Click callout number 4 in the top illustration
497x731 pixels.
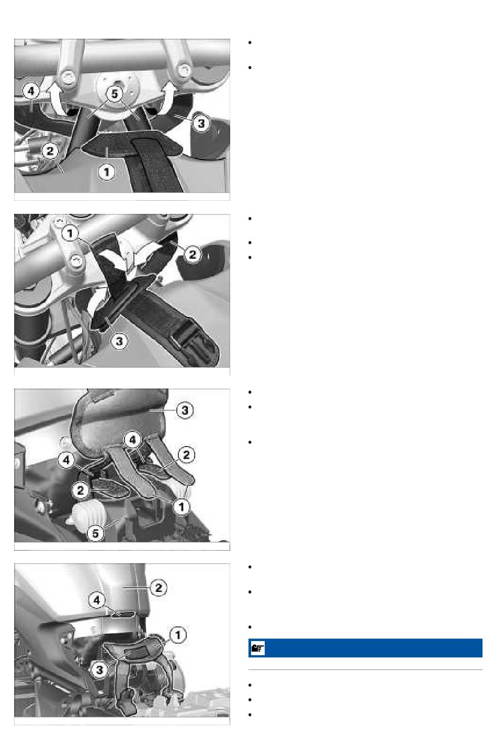pyautogui.click(x=31, y=91)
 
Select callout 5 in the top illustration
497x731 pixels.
pyautogui.click(x=114, y=94)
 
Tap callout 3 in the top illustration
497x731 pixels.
pyautogui.click(x=201, y=123)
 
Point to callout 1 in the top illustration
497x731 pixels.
pyautogui.click(x=106, y=172)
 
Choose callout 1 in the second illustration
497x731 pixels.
pyautogui.click(x=70, y=233)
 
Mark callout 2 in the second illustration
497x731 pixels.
pyautogui.click(x=193, y=254)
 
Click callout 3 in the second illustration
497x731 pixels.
pyautogui.click(x=119, y=341)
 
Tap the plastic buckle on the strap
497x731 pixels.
pyautogui.click(x=189, y=339)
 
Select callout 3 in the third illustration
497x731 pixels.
pyautogui.click(x=185, y=410)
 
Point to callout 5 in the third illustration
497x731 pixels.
pyautogui.click(x=95, y=533)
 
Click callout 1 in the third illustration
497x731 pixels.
pyautogui.click(x=182, y=507)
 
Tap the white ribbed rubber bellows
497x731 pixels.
pyautogui.click(x=89, y=513)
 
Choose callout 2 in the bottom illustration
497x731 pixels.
pyautogui.click(x=159, y=588)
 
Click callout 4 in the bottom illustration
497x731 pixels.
pyautogui.click(x=97, y=600)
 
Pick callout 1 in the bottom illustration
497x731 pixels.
pyautogui.click(x=178, y=635)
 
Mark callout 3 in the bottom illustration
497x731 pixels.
pyautogui.click(x=99, y=670)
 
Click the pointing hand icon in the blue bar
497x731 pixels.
pyautogui.click(x=257, y=648)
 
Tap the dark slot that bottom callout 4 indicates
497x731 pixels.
pyautogui.click(x=123, y=614)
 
